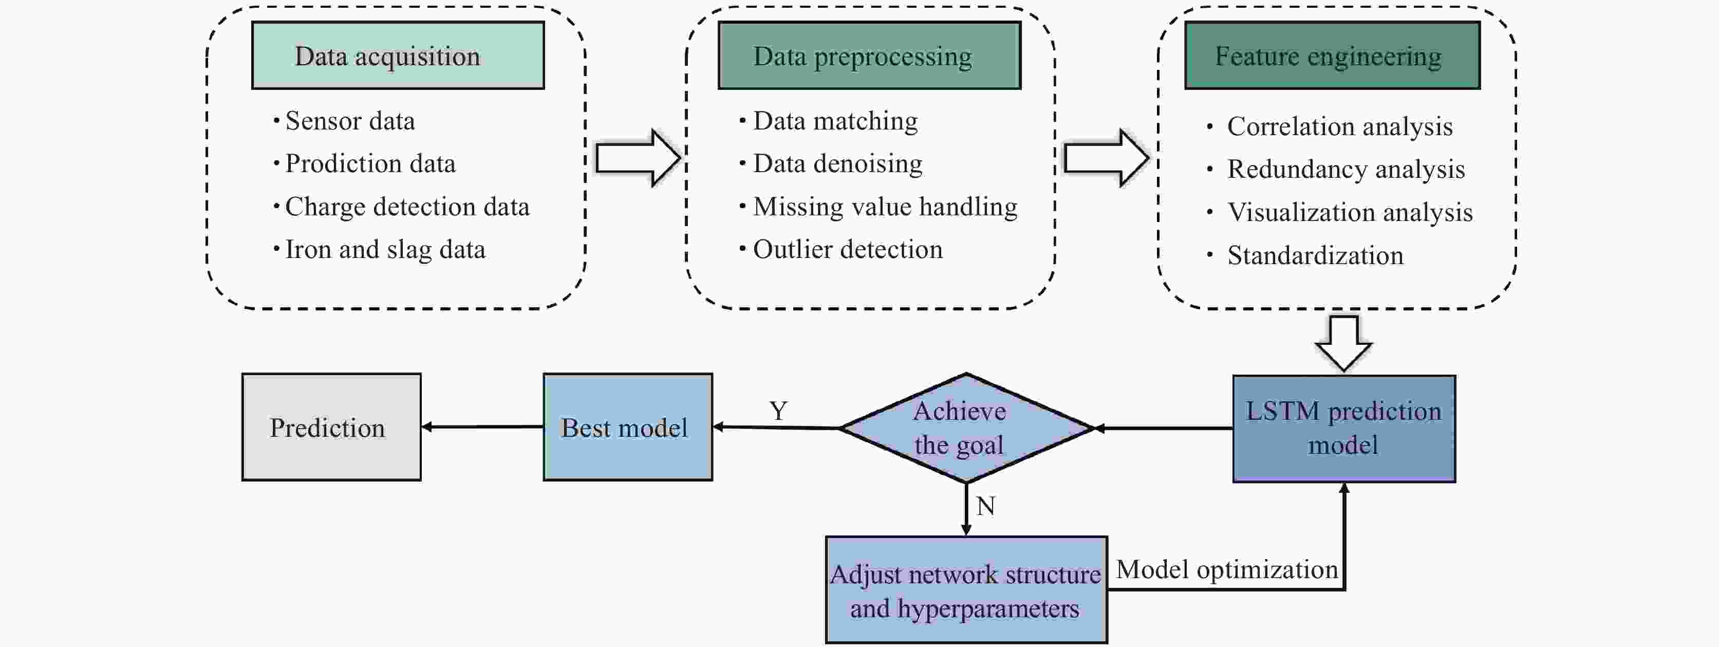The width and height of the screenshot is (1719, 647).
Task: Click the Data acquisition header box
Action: click(x=398, y=56)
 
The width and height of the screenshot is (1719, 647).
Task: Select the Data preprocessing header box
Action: click(x=869, y=56)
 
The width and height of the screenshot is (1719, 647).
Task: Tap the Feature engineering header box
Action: click(x=1332, y=56)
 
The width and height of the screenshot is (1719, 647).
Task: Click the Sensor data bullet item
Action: click(x=350, y=121)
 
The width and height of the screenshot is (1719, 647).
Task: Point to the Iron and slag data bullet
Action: click(x=385, y=250)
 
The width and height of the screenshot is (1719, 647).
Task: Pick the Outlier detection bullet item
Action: click(x=848, y=250)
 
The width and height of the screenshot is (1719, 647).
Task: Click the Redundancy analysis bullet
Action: click(x=1346, y=170)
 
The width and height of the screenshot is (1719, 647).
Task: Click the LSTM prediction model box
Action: click(x=1343, y=428)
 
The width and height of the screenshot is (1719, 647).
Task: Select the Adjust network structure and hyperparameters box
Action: click(x=966, y=590)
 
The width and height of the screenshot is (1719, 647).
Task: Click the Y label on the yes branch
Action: click(x=778, y=411)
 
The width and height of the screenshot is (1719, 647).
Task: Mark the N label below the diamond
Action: click(x=985, y=506)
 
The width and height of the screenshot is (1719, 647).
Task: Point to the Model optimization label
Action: click(x=1226, y=569)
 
